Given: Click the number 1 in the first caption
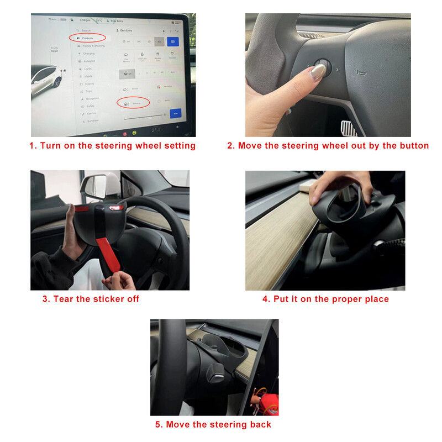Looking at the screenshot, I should coord(32,146).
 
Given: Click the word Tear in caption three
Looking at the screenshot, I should coord(64,299).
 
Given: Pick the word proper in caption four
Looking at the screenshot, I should coord(349,299).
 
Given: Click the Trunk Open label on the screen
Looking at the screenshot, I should coord(54,49).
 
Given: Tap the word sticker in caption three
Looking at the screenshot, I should coord(107,299).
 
